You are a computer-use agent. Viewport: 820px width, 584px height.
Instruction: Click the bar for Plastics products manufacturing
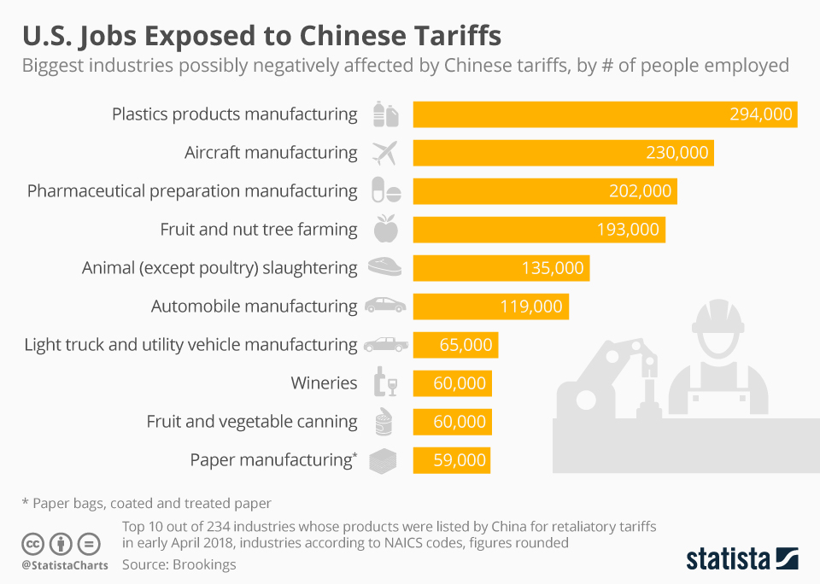tap(605, 114)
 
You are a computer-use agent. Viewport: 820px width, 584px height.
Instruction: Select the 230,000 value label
tap(676, 153)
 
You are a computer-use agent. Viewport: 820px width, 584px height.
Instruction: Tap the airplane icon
tap(385, 153)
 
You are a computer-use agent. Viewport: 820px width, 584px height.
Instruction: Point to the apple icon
tap(385, 229)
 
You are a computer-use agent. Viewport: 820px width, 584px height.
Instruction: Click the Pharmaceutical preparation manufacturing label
tap(192, 191)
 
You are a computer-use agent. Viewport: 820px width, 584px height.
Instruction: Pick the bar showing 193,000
tap(538, 230)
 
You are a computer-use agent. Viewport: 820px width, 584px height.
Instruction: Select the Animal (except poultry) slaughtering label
tap(220, 268)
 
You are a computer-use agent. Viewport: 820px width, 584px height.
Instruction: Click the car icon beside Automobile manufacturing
tap(385, 306)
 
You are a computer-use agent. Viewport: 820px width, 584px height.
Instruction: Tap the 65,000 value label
tap(465, 345)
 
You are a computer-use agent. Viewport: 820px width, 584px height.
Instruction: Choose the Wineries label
tap(324, 383)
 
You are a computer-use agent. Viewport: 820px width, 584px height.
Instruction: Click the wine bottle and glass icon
tap(385, 383)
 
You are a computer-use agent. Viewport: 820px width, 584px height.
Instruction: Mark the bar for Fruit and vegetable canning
tap(452, 422)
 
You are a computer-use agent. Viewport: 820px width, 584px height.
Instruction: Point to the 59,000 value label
tap(460, 460)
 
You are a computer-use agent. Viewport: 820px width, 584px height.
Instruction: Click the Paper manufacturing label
tap(271, 460)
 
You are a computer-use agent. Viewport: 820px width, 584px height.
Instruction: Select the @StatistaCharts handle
tap(65, 565)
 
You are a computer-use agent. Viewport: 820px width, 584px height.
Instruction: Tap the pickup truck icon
tap(385, 345)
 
